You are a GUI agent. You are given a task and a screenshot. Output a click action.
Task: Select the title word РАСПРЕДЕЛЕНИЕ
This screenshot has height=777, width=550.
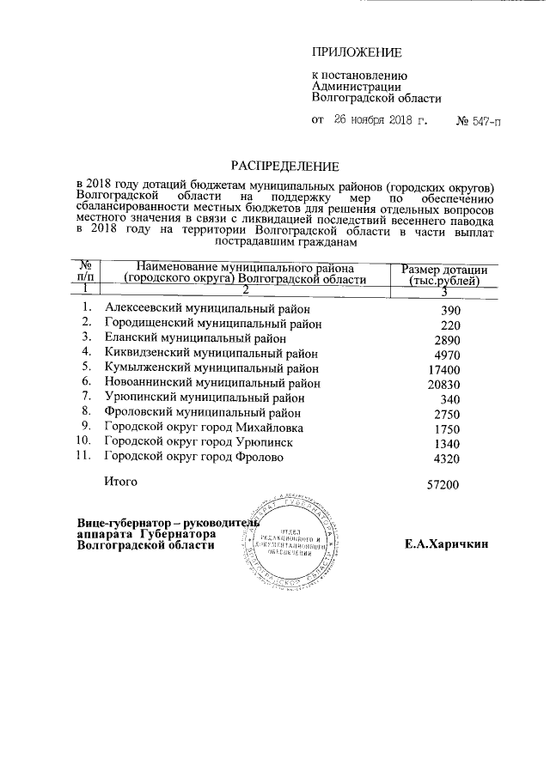[284, 165]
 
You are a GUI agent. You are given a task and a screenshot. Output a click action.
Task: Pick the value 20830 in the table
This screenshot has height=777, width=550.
[444, 385]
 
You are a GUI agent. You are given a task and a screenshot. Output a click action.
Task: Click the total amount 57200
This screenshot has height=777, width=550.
[443, 486]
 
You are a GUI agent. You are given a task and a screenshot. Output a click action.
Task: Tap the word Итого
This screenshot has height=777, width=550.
[120, 482]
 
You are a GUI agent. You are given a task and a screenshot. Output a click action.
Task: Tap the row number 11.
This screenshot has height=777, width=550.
[82, 457]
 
